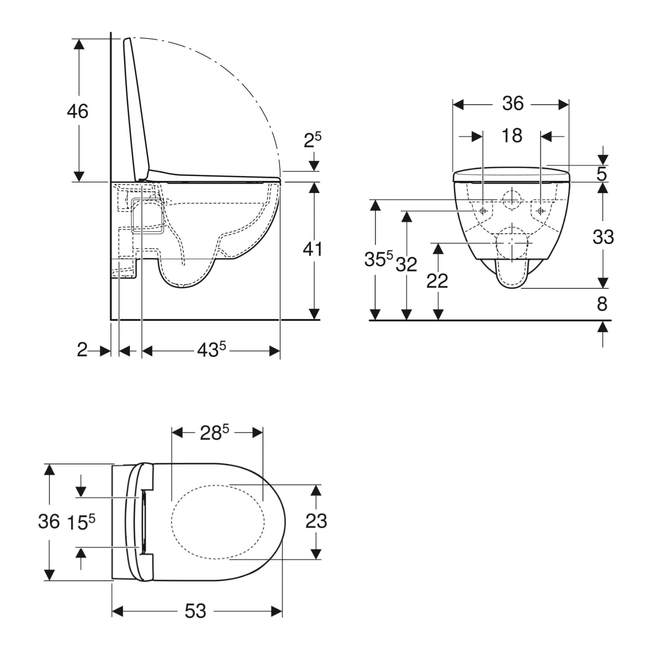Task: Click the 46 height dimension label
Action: pyautogui.click(x=77, y=111)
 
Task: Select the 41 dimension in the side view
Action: pyautogui.click(x=313, y=249)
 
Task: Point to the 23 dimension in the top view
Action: pyautogui.click(x=316, y=521)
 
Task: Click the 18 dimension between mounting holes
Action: pyautogui.click(x=512, y=135)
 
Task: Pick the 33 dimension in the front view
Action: pyautogui.click(x=603, y=237)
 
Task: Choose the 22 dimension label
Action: pyautogui.click(x=437, y=281)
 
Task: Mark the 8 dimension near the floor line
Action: pyautogui.click(x=602, y=304)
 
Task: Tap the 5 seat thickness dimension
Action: pyautogui.click(x=602, y=174)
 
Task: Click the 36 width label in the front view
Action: pyautogui.click(x=513, y=103)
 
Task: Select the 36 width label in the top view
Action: pyautogui.click(x=49, y=521)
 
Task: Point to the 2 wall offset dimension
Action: pyautogui.click(x=82, y=350)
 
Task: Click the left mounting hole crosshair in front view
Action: pyautogui.click(x=483, y=211)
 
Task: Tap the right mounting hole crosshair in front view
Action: pyautogui.click(x=540, y=211)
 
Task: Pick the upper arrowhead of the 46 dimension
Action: pyautogui.click(x=79, y=44)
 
